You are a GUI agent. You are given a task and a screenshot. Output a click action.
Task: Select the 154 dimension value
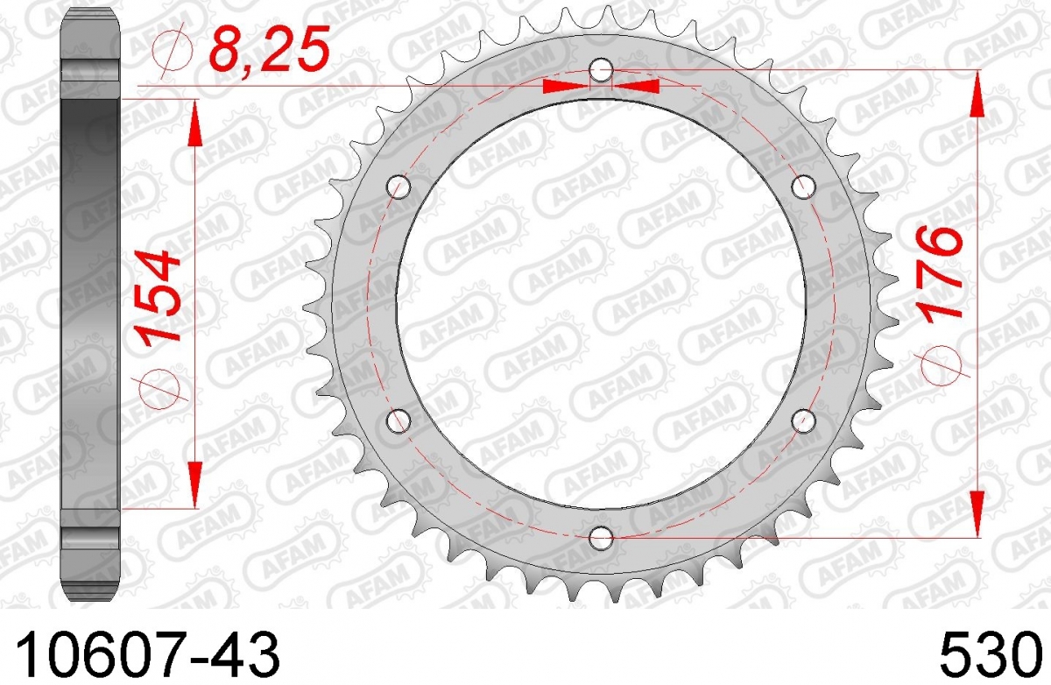coord(158,300)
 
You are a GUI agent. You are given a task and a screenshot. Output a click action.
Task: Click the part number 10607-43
coord(148,653)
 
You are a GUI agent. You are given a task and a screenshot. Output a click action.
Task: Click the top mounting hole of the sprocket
coord(601,70)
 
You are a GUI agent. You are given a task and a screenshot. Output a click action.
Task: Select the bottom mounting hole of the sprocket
coord(601,538)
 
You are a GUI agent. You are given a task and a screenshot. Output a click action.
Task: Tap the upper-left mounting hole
coord(399,187)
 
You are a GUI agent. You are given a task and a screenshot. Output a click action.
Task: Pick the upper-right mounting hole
coord(803,187)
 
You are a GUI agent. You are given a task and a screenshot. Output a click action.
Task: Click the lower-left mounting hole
coord(399,420)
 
